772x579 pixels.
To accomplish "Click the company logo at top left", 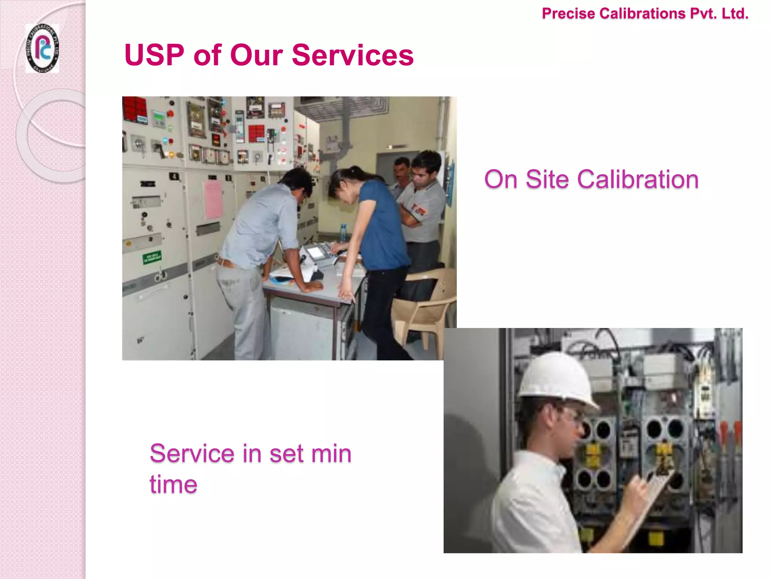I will click(x=42, y=48).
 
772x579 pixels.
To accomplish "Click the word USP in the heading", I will click(x=154, y=55).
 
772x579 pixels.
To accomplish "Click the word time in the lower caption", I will click(x=173, y=484).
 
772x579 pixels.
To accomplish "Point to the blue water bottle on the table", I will click(x=343, y=233).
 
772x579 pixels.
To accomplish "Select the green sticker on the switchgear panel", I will click(x=152, y=258).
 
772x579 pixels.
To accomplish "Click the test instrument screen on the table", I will click(x=316, y=252).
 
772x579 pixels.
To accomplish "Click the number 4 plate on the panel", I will click(x=174, y=176).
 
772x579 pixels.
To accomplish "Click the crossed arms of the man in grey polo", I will click(x=413, y=215).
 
